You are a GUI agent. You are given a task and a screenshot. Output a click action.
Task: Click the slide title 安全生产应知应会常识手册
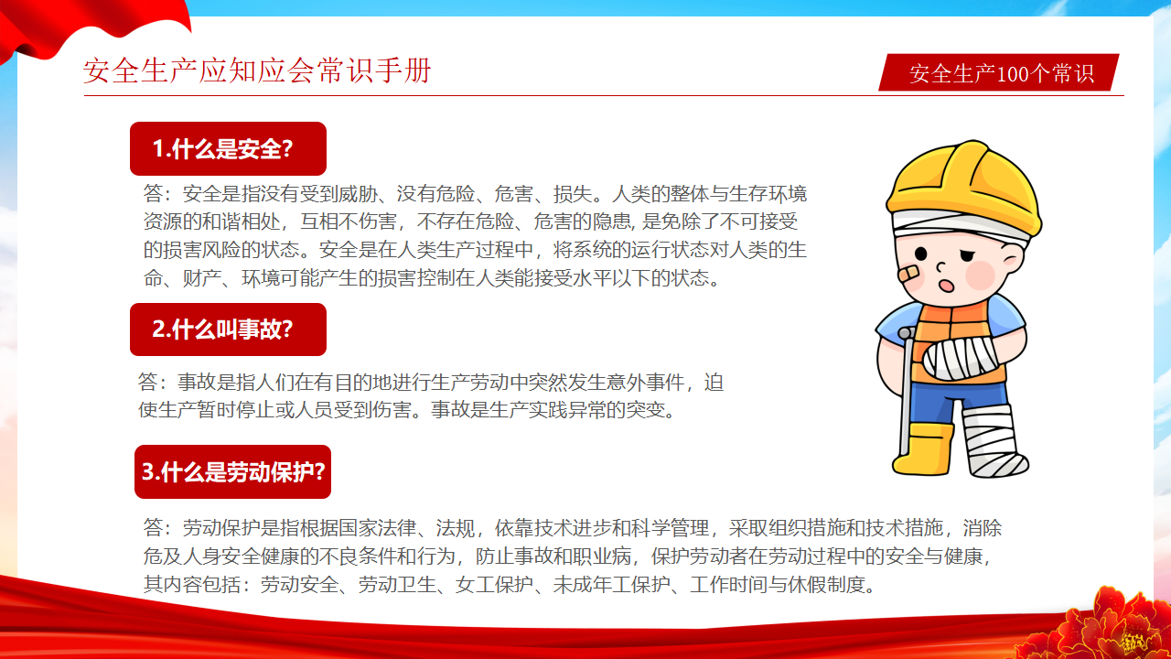[x=257, y=70]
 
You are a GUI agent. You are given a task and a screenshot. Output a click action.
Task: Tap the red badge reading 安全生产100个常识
[x=998, y=72]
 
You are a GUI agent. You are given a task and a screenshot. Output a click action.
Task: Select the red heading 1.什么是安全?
[x=228, y=148]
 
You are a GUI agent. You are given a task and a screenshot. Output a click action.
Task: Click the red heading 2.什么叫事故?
[x=228, y=329]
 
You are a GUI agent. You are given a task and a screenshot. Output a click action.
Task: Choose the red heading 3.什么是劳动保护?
[x=232, y=471]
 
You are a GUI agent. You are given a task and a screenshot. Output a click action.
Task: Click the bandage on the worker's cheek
[x=909, y=273]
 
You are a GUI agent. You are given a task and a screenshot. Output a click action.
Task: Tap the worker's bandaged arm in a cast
[x=961, y=358]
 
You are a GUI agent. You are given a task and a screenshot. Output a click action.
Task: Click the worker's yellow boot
[x=923, y=448]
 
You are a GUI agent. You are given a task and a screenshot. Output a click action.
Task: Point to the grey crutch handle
[x=907, y=332]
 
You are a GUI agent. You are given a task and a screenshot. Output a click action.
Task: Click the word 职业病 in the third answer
[x=602, y=556]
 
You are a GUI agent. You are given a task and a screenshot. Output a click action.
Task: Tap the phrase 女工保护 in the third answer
[x=494, y=584]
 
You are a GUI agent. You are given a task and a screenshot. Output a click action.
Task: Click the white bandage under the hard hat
[x=960, y=226]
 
